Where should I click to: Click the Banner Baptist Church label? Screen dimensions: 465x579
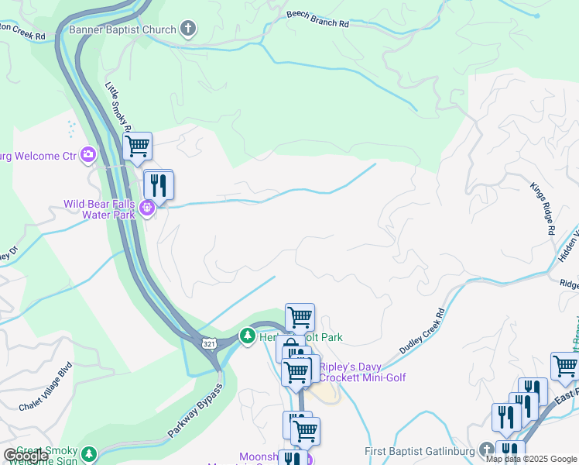pos(122,30)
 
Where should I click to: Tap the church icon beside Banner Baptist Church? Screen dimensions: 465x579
pos(187,30)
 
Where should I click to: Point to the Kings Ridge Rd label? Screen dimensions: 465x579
pos(543,208)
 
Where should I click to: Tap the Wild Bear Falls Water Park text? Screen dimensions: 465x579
pos(99,209)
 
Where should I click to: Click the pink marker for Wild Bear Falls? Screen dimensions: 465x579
pos(148,209)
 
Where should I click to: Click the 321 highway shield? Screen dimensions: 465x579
pos(209,343)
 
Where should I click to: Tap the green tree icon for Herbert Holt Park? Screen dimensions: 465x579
pos(248,337)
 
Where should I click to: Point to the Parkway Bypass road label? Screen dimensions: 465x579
pos(194,411)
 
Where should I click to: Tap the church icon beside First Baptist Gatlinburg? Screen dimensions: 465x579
pos(485,450)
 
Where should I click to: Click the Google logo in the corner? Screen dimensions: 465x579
pos(26,456)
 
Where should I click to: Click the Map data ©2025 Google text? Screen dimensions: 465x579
pos(531,459)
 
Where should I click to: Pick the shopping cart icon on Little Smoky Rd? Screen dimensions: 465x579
pos(137,145)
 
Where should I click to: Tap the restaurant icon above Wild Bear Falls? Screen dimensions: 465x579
pos(159,184)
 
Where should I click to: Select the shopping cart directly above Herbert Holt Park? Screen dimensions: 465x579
pos(300,316)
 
